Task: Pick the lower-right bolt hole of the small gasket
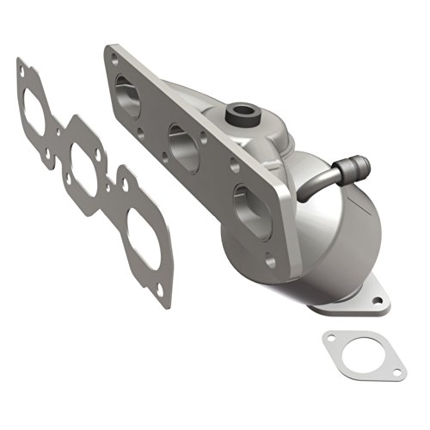(397, 373)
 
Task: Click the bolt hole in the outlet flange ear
(374, 301)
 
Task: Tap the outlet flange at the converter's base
(344, 301)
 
